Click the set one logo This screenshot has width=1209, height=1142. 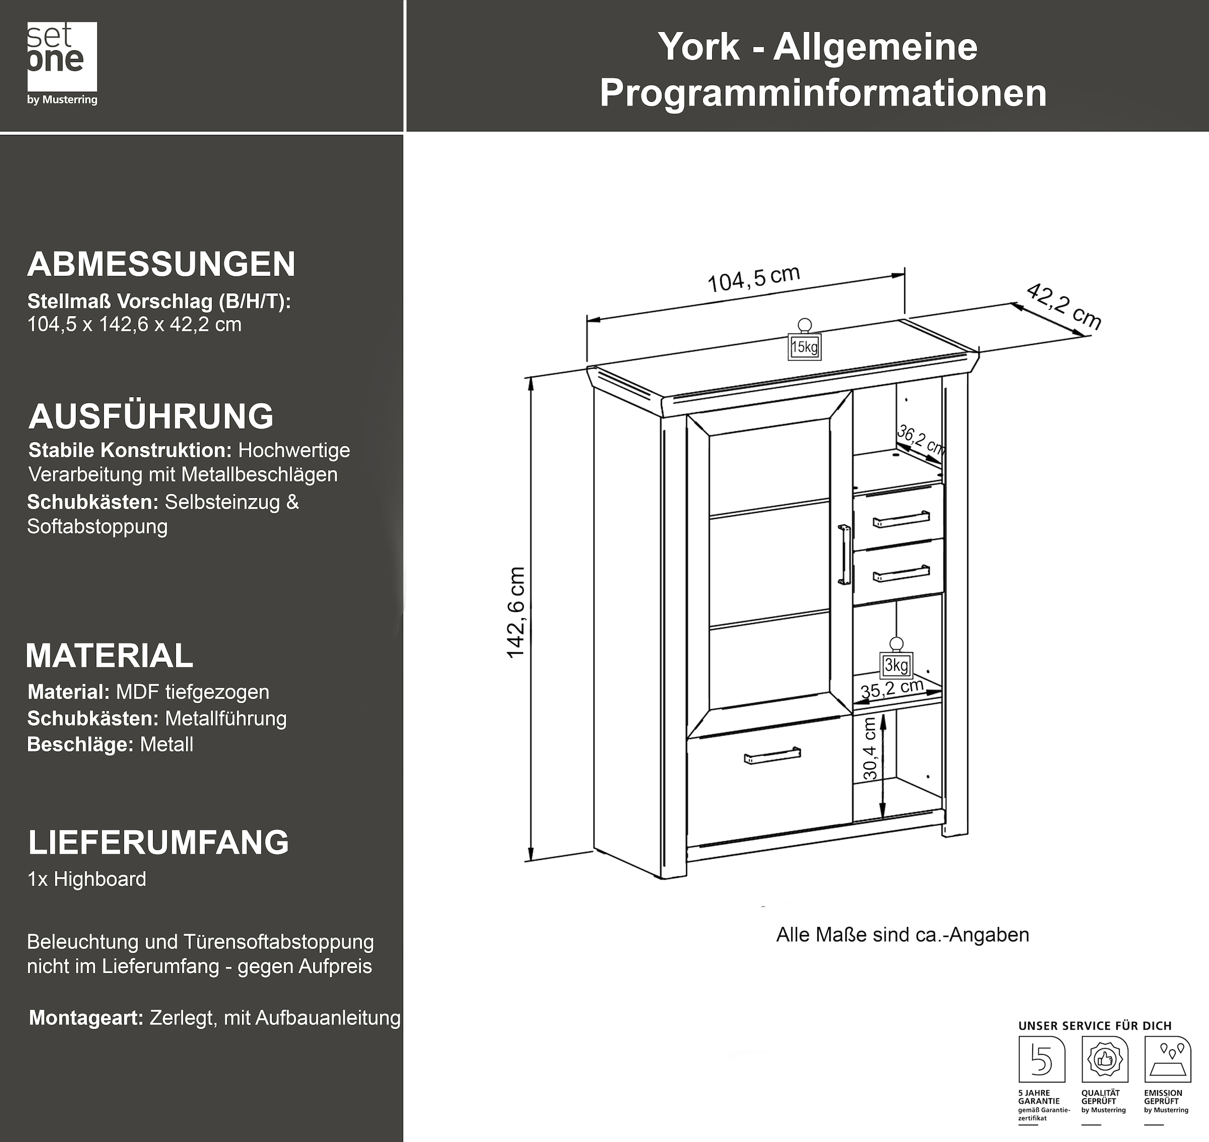pos(62,63)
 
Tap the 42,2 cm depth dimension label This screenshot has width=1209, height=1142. pos(1063,307)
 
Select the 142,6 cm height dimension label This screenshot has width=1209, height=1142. pos(516,613)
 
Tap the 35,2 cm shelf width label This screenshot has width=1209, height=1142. pos(892,689)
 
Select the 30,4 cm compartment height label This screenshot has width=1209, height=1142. pos(870,749)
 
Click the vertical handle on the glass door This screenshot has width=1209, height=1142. pos(844,555)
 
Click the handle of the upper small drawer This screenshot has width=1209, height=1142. pos(901,519)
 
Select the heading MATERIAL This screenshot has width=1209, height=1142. pos(110,655)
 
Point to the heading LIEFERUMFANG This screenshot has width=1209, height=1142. pos(158,842)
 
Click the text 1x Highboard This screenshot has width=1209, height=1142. pos(87,879)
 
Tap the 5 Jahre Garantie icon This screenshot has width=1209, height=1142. pos(1042,1060)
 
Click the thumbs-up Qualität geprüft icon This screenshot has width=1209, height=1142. pos(1104,1060)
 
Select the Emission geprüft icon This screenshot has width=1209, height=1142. pos(1167,1060)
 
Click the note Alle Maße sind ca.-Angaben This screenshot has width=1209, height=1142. pos(902,935)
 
